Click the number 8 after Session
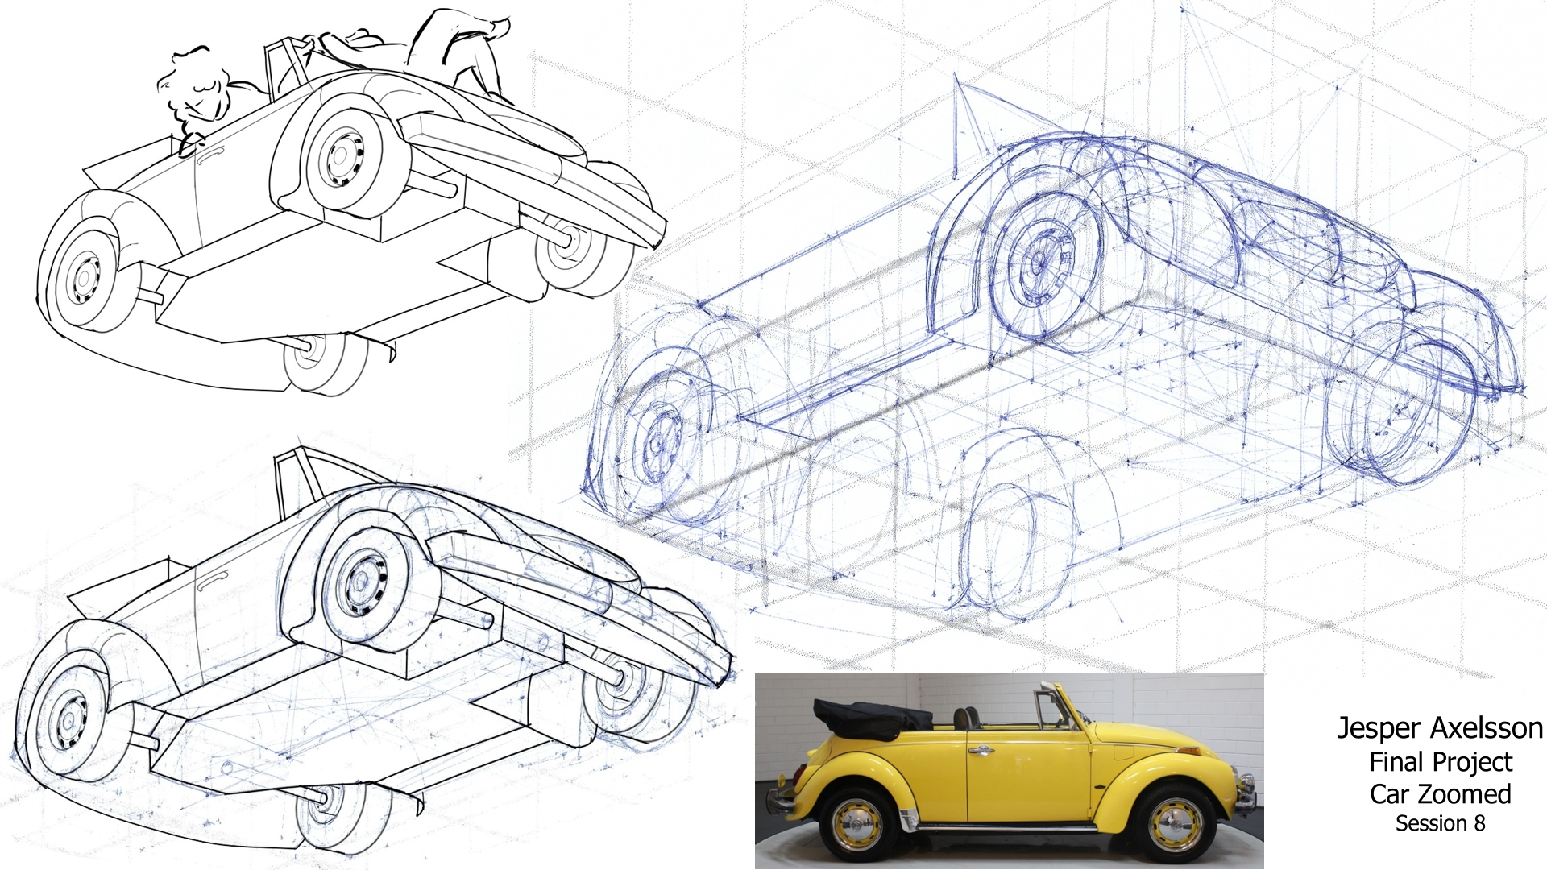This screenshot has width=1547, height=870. (x=1479, y=823)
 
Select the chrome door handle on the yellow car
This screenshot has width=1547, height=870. (x=981, y=751)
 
